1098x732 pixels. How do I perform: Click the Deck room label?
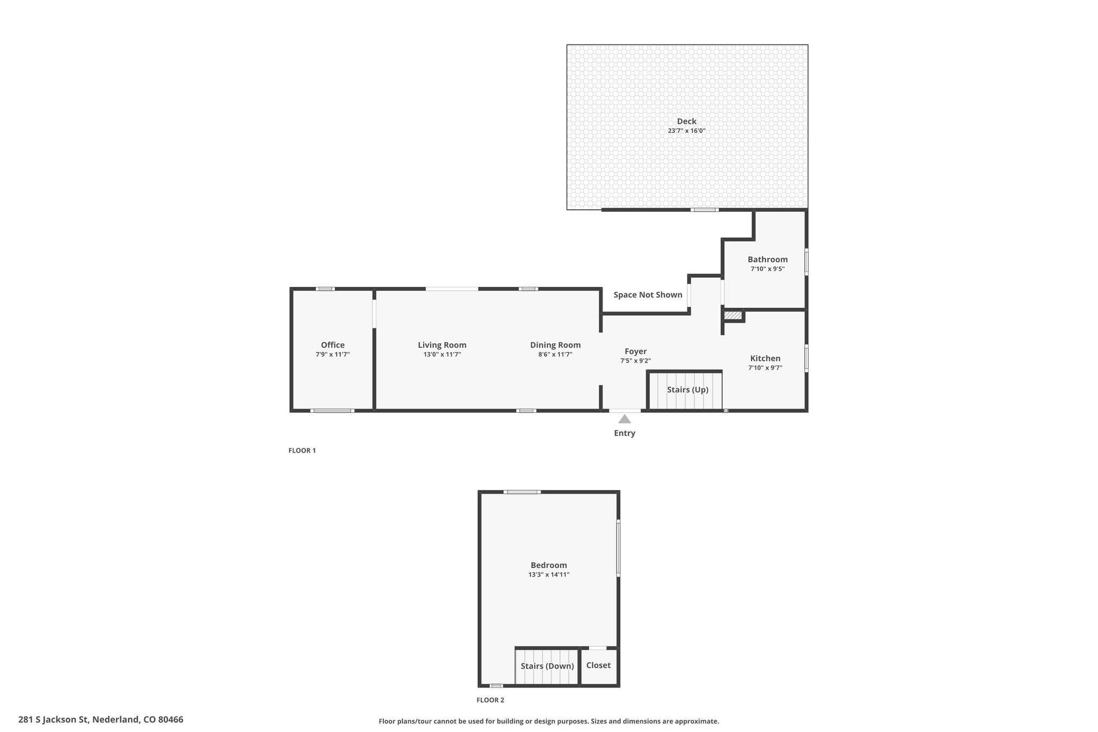pyautogui.click(x=687, y=122)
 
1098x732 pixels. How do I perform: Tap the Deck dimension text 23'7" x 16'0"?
pyautogui.click(x=687, y=131)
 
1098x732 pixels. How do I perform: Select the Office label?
pyautogui.click(x=333, y=345)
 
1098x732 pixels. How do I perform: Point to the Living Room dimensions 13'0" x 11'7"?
pyautogui.click(x=442, y=354)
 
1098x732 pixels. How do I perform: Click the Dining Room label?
pyautogui.click(x=555, y=345)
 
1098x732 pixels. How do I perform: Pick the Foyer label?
pyautogui.click(x=636, y=352)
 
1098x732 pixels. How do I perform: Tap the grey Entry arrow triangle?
pyautogui.click(x=625, y=419)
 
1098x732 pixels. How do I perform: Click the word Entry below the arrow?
pyautogui.click(x=625, y=433)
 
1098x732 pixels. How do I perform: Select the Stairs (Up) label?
pyautogui.click(x=688, y=390)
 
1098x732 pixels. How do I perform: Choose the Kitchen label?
pyautogui.click(x=766, y=359)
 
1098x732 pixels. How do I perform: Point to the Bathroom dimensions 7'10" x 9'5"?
pyautogui.click(x=768, y=269)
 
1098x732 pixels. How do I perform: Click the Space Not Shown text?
pyautogui.click(x=648, y=295)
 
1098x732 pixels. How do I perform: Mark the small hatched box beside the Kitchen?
pyautogui.click(x=733, y=315)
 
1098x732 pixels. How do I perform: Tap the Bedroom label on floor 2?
pyautogui.click(x=549, y=565)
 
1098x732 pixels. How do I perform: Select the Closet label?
pyautogui.click(x=598, y=666)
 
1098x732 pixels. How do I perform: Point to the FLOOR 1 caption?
pyautogui.click(x=302, y=450)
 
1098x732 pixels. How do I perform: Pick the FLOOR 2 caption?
pyautogui.click(x=491, y=700)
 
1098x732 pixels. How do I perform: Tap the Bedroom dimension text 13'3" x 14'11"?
pyautogui.click(x=549, y=575)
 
